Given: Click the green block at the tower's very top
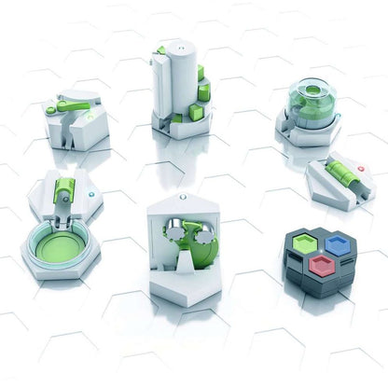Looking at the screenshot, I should click(x=160, y=49).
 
